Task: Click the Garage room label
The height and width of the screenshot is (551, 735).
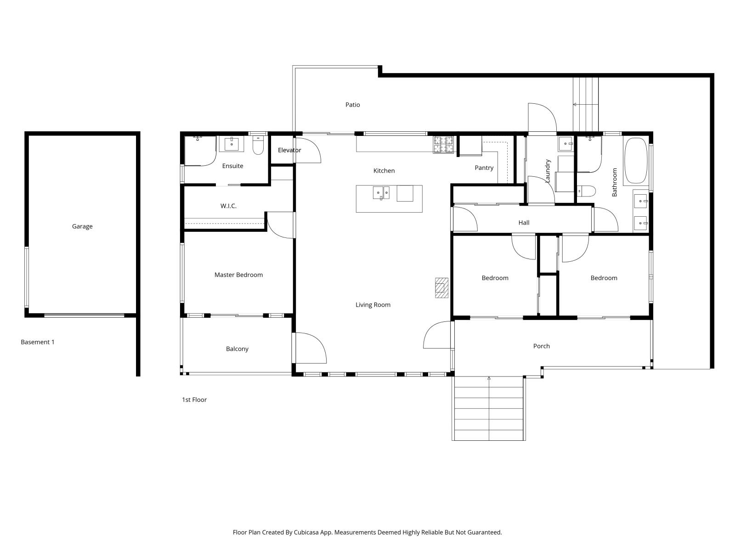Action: (82, 226)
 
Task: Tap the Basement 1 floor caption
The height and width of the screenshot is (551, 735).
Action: (38, 342)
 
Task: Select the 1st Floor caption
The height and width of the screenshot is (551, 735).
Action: (194, 400)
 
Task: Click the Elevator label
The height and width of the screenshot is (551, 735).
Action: (289, 150)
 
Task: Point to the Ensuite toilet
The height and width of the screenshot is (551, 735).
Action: (258, 146)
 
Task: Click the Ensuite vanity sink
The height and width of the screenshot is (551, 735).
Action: (232, 144)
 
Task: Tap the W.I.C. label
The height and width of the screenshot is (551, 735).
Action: (228, 206)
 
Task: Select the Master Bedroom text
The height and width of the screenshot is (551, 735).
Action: (238, 275)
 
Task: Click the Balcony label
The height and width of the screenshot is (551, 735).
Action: (237, 349)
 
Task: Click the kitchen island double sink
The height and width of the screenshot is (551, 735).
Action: (381, 192)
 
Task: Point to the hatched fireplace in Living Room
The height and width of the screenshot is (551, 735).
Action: (441, 288)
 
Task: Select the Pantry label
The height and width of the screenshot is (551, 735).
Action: (484, 168)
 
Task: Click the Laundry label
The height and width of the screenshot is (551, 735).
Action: (548, 171)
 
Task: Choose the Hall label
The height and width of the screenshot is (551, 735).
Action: (524, 223)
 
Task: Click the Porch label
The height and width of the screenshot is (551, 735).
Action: (541, 346)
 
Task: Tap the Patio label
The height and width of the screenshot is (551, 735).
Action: (352, 105)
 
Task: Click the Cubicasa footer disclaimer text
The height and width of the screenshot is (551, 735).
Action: (367, 533)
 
